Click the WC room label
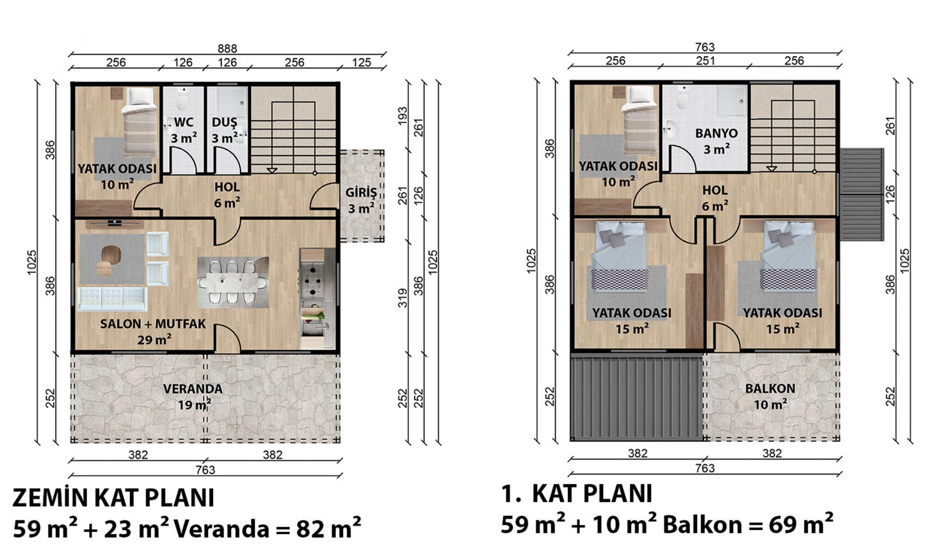click(184, 123)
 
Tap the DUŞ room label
click(225, 123)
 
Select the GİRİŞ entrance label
click(361, 192)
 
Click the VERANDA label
click(193, 389)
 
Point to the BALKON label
click(770, 388)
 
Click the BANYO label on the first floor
click(716, 133)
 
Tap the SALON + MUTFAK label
click(153, 324)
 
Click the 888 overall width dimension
click(227, 49)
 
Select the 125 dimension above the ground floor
click(362, 62)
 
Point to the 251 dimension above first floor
click(705, 61)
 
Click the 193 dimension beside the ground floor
click(403, 116)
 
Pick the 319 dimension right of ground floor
click(403, 298)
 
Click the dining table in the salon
click(233, 283)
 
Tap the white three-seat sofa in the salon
click(112, 299)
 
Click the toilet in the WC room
click(182, 99)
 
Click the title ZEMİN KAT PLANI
click(113, 497)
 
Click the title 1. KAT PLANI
click(577, 494)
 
